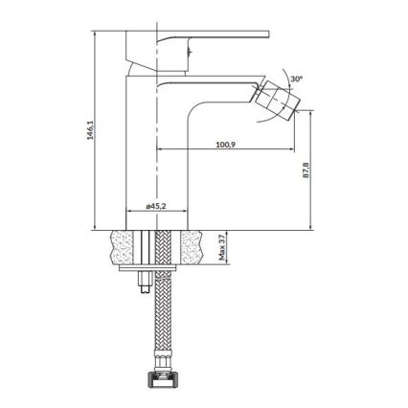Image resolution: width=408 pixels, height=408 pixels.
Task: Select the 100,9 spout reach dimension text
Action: coord(226,145)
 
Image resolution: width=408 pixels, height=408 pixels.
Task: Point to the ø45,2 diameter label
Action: coord(158,205)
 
